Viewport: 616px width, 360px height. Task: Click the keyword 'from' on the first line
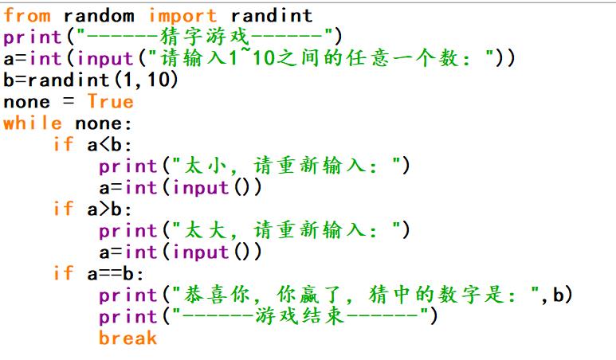28,15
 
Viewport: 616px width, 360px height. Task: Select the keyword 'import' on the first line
182,15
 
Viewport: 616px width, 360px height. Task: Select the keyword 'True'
110,101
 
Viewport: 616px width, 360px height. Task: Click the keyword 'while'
33,123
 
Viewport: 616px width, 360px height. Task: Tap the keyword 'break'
128,338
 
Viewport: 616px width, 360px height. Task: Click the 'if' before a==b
63,273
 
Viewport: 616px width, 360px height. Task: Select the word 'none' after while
98,123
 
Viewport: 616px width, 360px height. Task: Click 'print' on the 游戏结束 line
128,316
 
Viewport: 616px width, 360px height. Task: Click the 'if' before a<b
63,144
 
